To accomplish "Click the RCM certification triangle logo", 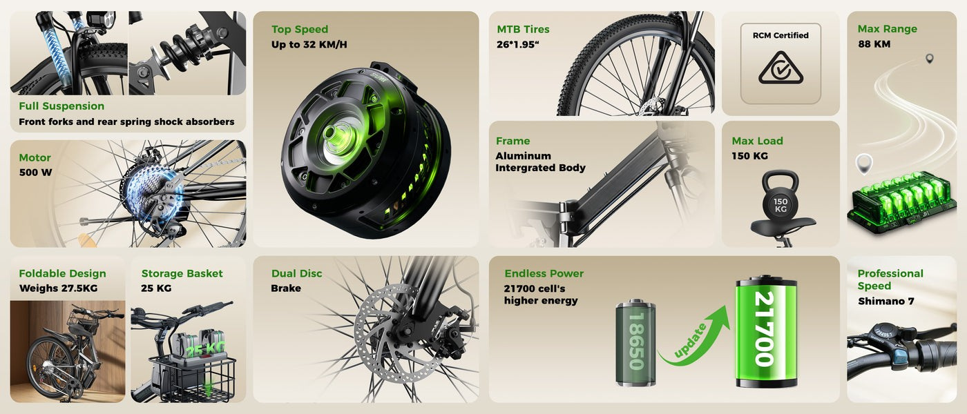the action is [x=781, y=68].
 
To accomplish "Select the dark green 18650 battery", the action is [x=635, y=342].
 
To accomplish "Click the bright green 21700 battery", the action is [x=766, y=331].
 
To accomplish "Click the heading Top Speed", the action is [x=300, y=29].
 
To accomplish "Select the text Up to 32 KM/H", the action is [x=309, y=44].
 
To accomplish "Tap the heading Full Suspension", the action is [x=61, y=106].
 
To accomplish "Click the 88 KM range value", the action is [x=874, y=44].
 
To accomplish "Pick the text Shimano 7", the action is [x=885, y=301].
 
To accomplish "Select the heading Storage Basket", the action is [x=182, y=273].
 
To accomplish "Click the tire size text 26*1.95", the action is [x=517, y=44].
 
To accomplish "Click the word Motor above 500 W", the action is [x=35, y=158].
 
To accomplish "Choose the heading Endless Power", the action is [x=544, y=273].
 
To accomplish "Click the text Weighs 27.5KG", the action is [x=58, y=288].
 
